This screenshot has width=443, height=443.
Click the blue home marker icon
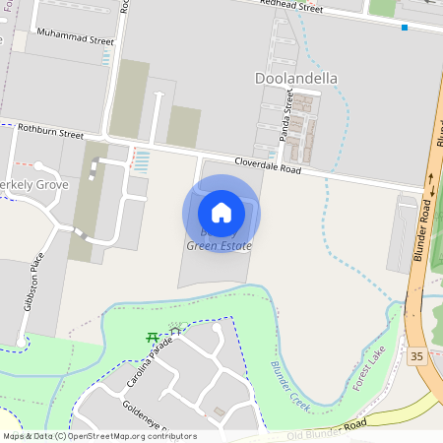(221, 213)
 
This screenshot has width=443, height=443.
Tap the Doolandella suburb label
(295, 78)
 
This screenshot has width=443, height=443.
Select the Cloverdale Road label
(268, 168)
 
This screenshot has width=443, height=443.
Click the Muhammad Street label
(75, 41)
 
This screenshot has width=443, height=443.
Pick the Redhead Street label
(291, 7)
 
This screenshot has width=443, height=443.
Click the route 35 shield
(417, 355)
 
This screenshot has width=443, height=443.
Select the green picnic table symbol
(153, 337)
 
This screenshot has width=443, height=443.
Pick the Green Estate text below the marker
(219, 246)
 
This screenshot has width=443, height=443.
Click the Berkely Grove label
(33, 185)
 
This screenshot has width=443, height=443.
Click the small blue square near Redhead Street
(404, 28)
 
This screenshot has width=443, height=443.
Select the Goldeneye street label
(148, 417)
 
